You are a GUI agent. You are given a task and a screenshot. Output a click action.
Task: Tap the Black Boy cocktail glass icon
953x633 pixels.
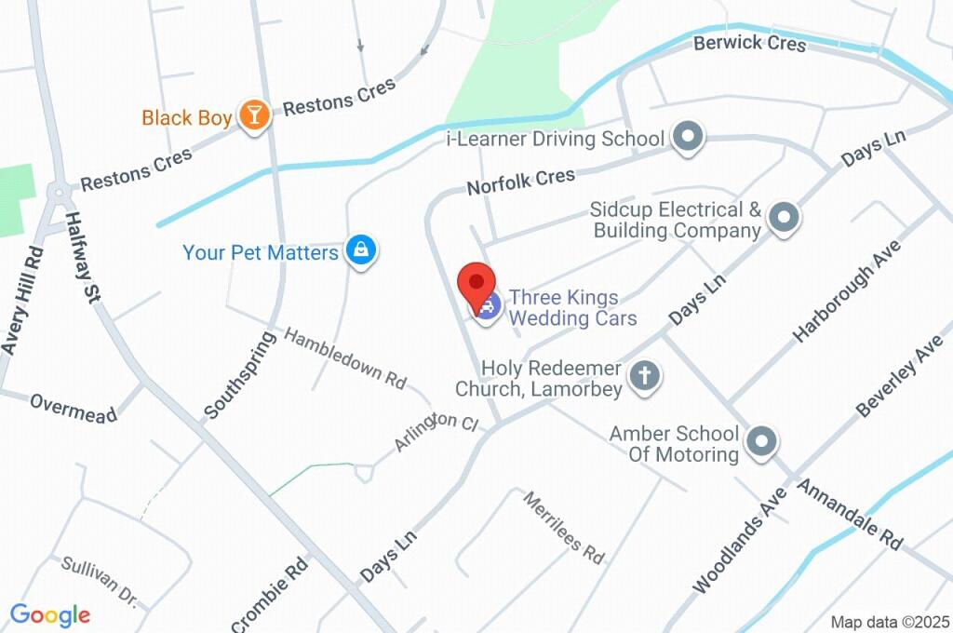coord(252,115)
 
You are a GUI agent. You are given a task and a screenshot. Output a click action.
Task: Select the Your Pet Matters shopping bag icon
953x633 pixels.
coord(359,249)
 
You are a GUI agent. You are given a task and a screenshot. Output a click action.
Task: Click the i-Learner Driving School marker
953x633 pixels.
coord(688,138)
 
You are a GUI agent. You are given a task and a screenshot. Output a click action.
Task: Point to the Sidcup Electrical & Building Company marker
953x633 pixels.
coord(784,219)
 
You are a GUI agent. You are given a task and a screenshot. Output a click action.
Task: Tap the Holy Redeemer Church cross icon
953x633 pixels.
coord(643,376)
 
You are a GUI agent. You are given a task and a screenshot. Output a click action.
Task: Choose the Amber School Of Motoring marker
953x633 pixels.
coord(761,442)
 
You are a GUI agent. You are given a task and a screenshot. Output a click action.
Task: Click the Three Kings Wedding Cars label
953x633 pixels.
coord(574,308)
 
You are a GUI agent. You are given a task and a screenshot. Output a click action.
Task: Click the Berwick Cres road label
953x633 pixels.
coord(749,43)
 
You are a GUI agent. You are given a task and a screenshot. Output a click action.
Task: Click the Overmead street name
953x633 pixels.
coord(74,408)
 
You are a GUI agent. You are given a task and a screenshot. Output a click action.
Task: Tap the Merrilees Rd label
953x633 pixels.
coord(563,527)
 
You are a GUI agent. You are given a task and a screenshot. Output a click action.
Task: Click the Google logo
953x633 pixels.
coord(50,615)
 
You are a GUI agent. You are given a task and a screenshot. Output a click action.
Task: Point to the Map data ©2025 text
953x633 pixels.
coord(889,622)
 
